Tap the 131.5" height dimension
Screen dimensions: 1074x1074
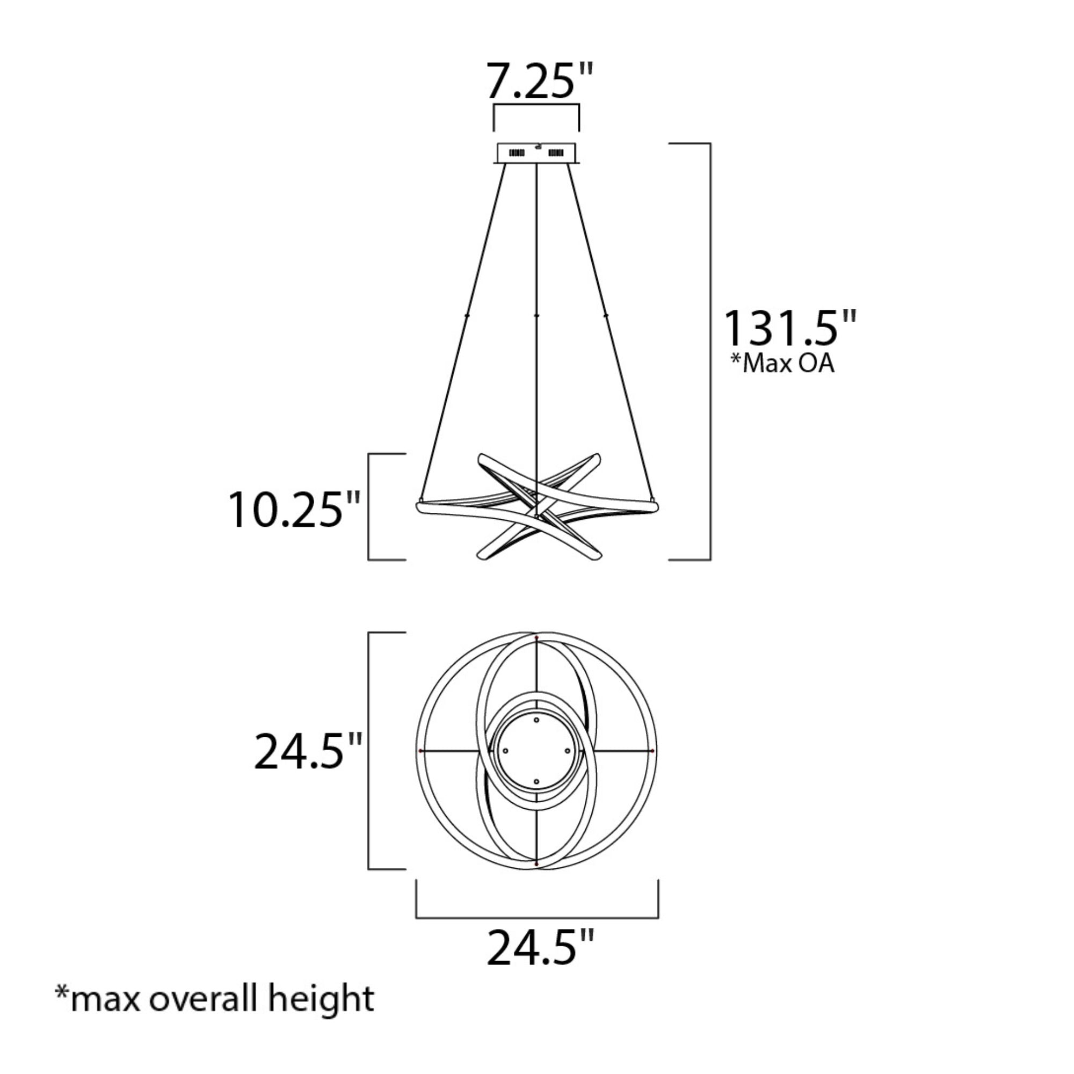point(789,328)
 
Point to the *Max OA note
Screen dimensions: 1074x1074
point(782,364)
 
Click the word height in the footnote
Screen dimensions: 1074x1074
point(321,999)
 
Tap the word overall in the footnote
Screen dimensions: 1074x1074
point(204,999)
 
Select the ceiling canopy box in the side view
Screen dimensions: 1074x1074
point(538,153)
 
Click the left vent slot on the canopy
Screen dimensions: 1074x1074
point(517,153)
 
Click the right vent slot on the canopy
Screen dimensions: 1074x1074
point(556,153)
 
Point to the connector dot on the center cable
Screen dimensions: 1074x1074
point(536,315)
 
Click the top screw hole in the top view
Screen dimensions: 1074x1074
point(536,720)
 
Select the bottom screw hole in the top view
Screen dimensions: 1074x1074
point(536,781)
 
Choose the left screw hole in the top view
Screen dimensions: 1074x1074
point(505,751)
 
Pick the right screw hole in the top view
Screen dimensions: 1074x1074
point(568,751)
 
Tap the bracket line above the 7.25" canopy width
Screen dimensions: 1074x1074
point(537,105)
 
